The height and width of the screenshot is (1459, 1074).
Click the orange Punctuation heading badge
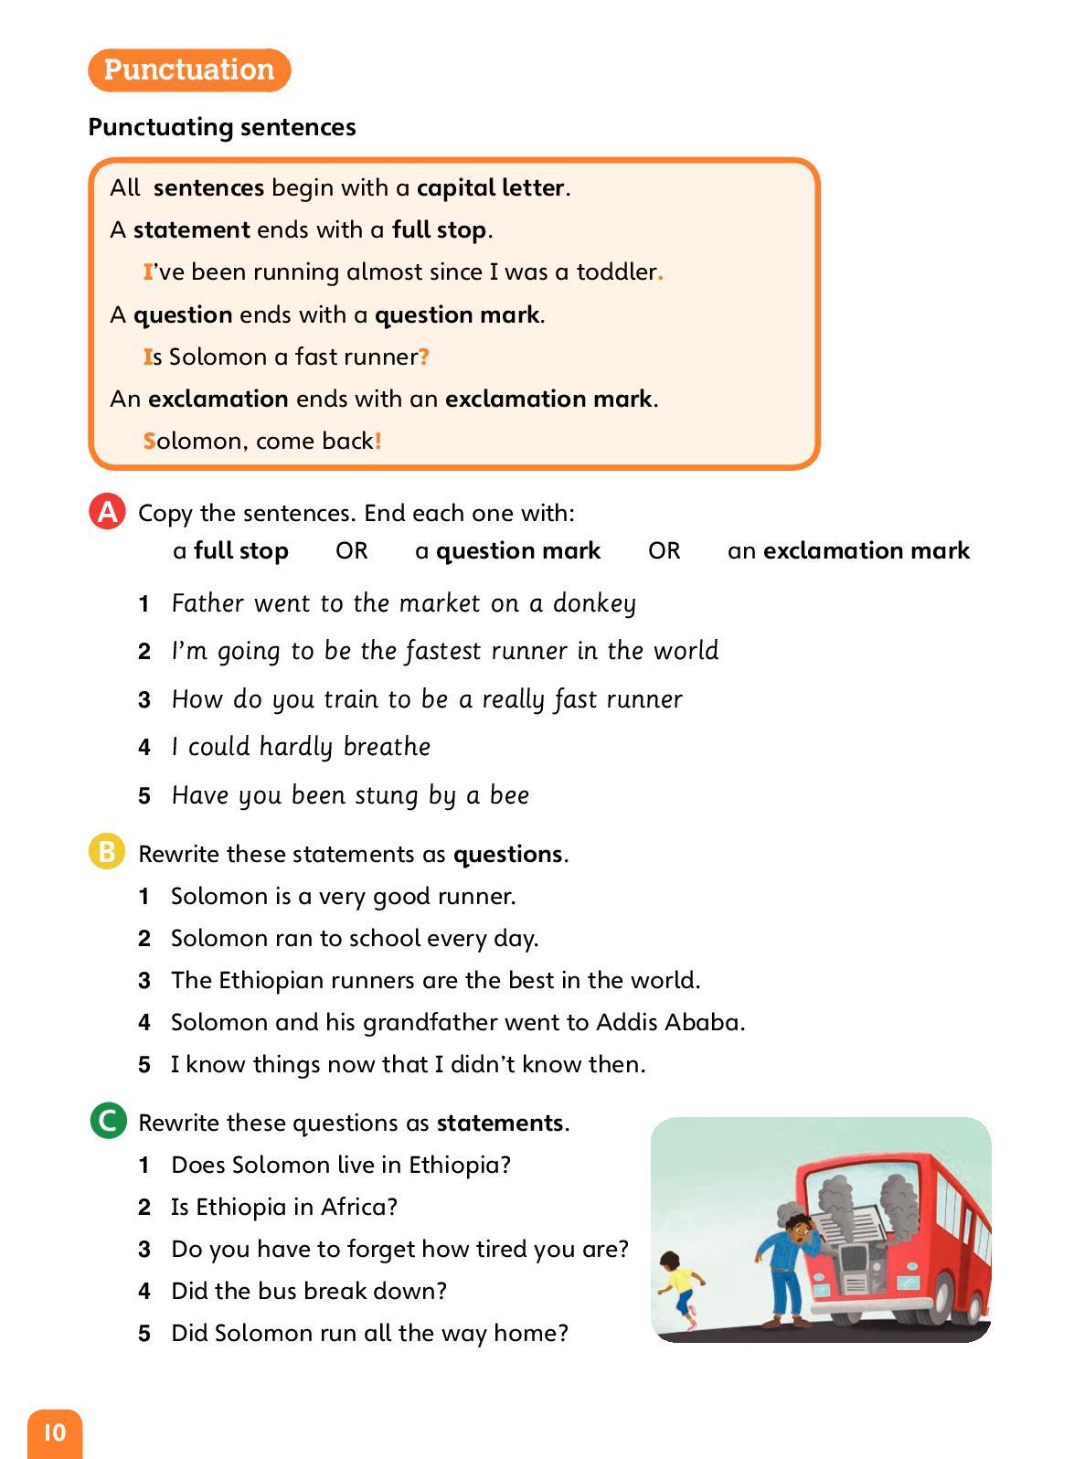188,69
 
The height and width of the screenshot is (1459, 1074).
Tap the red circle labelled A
107,512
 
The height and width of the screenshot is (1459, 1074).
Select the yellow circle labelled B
107,852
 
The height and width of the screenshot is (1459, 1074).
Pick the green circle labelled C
108,1121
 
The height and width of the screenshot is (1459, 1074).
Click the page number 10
54,1432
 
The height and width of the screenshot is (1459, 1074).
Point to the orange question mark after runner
424,357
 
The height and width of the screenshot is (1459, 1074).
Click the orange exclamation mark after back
378,441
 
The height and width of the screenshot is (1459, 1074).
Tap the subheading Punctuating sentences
222,127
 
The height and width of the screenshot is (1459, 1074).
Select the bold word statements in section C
499,1123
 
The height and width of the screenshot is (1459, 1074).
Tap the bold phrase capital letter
491,187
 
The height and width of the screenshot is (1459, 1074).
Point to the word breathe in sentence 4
387,747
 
